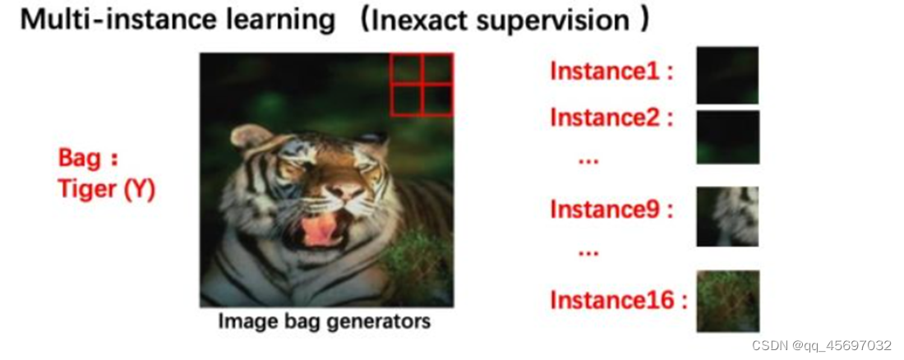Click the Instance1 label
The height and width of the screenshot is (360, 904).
point(607,72)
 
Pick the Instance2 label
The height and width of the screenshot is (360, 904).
point(607,118)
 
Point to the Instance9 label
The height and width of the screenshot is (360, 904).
point(607,210)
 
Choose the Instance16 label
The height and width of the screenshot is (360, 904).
point(613,301)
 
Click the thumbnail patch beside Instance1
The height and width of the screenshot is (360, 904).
point(727,75)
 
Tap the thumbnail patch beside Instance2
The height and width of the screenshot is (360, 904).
point(727,137)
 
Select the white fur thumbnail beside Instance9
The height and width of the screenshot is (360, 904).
point(727,216)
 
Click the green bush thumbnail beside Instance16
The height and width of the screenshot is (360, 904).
point(727,301)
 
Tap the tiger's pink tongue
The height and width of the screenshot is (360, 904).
point(321,230)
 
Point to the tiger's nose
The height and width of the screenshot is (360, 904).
point(344,191)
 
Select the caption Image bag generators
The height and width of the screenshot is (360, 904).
point(325,321)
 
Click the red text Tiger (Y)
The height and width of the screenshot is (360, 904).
point(107,190)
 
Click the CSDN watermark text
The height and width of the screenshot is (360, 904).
point(822,345)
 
